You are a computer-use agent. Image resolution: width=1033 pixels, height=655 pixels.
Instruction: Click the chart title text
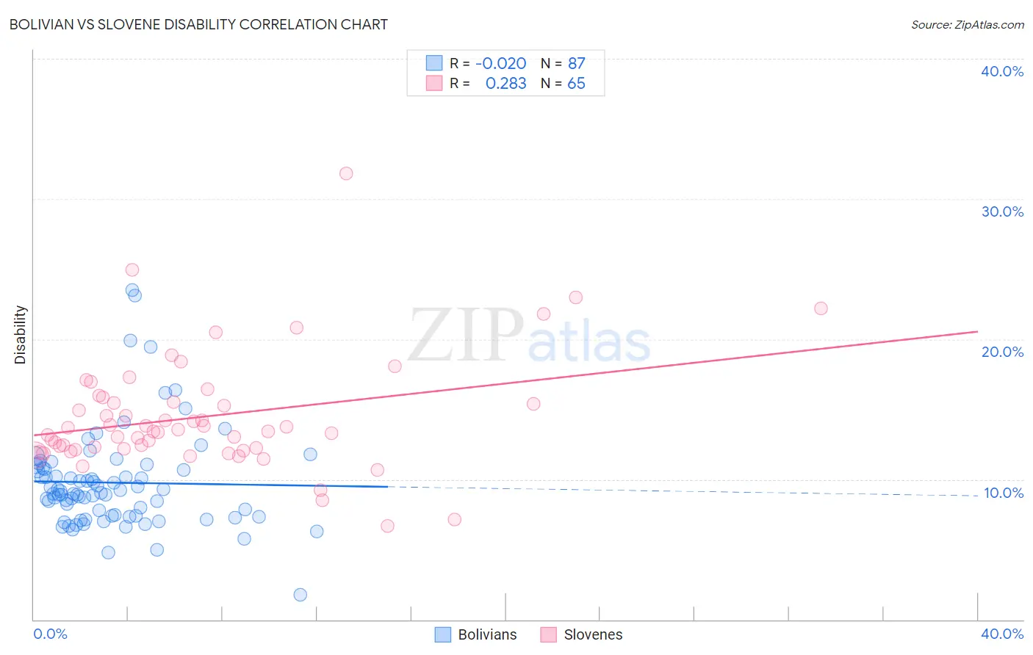[198, 24]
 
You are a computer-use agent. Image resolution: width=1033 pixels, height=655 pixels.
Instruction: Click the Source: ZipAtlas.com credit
[967, 25]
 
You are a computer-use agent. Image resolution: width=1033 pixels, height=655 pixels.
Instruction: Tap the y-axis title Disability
[21, 335]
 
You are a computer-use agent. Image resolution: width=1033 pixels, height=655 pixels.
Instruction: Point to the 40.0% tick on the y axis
[1002, 71]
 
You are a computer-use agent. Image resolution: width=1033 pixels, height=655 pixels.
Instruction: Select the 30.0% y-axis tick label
[1002, 211]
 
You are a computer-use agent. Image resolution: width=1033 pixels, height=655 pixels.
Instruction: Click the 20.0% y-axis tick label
[1002, 352]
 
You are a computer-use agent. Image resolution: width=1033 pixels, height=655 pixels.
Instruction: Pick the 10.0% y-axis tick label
[1003, 493]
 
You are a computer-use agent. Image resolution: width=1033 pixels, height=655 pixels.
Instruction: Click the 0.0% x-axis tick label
[50, 634]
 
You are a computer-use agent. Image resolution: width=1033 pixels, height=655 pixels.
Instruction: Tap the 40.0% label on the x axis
[1002, 634]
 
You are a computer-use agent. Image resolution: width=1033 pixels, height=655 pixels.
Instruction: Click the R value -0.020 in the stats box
[501, 64]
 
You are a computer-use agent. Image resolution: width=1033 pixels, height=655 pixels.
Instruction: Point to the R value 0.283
[505, 84]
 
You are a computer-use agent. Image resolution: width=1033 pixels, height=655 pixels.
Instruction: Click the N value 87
[576, 64]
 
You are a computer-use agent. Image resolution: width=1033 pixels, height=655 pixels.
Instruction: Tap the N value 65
[576, 84]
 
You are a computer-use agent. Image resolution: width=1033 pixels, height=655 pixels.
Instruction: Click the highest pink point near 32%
[346, 173]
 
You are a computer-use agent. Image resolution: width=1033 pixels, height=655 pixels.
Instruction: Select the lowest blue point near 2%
[300, 595]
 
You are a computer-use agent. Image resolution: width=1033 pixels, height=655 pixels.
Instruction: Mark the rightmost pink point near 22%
[821, 308]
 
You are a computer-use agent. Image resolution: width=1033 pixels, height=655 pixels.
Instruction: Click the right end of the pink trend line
[977, 332]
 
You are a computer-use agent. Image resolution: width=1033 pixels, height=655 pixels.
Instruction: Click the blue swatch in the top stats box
[434, 63]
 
